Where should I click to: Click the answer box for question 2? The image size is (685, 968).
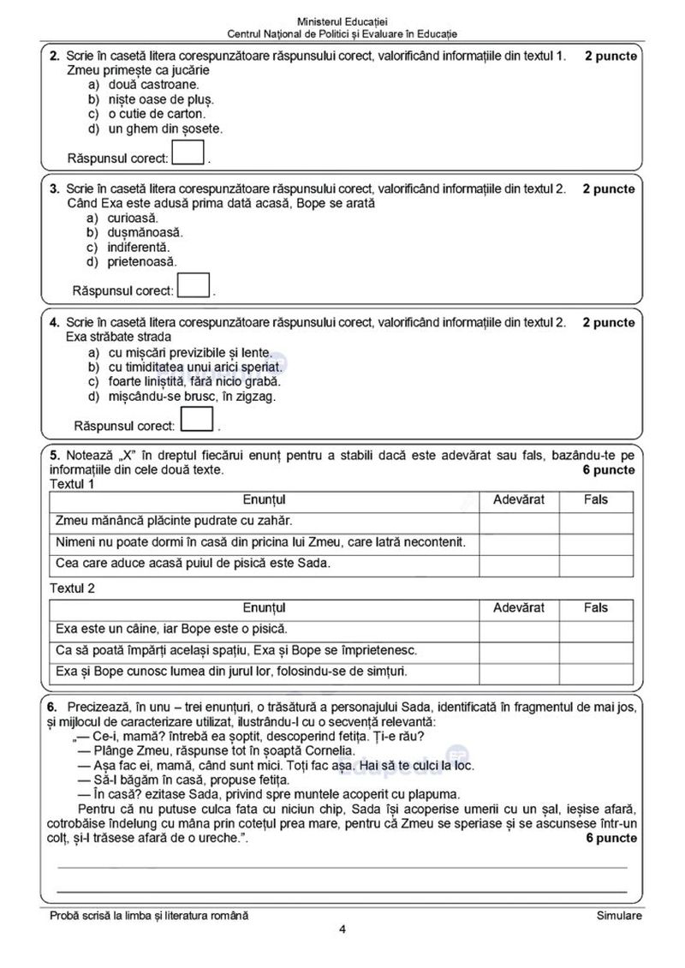(x=189, y=153)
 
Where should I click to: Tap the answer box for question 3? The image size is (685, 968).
(x=194, y=285)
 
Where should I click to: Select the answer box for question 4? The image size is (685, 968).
(x=198, y=419)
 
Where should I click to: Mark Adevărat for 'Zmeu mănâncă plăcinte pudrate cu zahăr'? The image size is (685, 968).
(x=519, y=521)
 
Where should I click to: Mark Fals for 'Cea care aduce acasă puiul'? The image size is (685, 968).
(x=596, y=564)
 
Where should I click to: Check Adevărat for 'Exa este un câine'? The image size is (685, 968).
(x=519, y=629)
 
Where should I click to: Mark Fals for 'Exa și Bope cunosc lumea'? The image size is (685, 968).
(x=596, y=672)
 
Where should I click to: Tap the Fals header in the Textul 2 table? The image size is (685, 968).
(x=596, y=607)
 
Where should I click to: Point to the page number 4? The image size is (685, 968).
(x=342, y=929)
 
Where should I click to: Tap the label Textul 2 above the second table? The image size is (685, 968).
(x=73, y=589)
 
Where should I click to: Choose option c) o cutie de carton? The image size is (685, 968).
(x=146, y=113)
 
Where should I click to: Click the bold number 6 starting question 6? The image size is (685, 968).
(x=52, y=706)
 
